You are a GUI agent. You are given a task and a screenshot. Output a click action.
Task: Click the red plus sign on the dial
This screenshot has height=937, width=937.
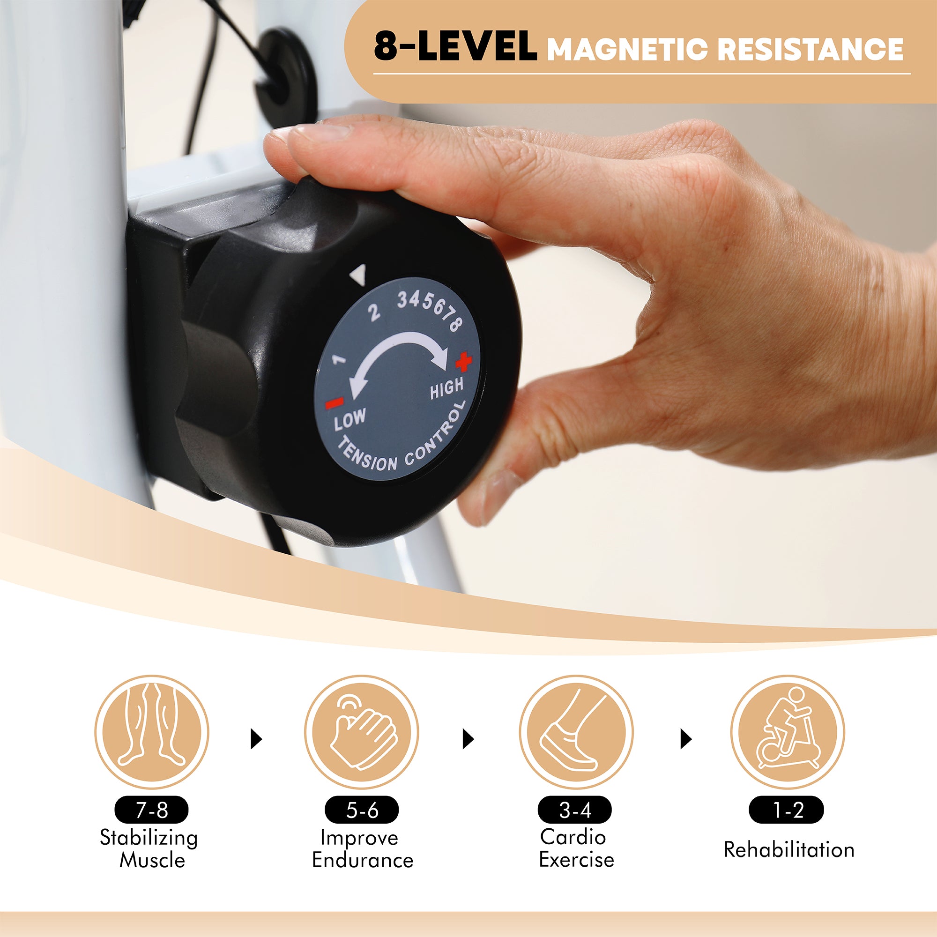pos(463,361)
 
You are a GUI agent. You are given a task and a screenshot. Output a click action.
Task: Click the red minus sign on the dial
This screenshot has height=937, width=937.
pos(334,402)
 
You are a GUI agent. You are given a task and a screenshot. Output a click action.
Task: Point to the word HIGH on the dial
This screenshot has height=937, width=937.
pos(446,388)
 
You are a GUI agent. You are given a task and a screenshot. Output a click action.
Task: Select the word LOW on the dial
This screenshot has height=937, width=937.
pos(350,419)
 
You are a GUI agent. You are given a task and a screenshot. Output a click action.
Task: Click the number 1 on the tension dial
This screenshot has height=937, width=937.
pos(339,359)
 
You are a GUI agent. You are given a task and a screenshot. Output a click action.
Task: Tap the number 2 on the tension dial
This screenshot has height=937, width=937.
pos(373,313)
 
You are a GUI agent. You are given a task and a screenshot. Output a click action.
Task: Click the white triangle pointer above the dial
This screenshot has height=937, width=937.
pos(358,275)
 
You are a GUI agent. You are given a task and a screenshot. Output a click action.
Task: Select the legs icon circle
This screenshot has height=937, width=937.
pos(152,732)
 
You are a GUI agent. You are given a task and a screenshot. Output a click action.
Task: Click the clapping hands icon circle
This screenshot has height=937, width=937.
pos(362,732)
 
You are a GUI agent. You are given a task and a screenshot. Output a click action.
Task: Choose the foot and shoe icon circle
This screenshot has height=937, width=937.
pos(576,732)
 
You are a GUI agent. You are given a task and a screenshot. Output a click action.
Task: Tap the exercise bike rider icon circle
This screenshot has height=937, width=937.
pos(788,732)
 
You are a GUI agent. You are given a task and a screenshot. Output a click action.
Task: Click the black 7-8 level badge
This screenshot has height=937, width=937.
pos(151,810)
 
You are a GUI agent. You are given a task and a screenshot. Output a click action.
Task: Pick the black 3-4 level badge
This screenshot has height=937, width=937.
pos(575,810)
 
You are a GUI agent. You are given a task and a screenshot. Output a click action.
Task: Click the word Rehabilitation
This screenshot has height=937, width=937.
pos(789,850)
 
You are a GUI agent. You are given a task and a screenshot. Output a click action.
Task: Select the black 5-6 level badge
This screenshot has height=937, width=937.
pos(362,810)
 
